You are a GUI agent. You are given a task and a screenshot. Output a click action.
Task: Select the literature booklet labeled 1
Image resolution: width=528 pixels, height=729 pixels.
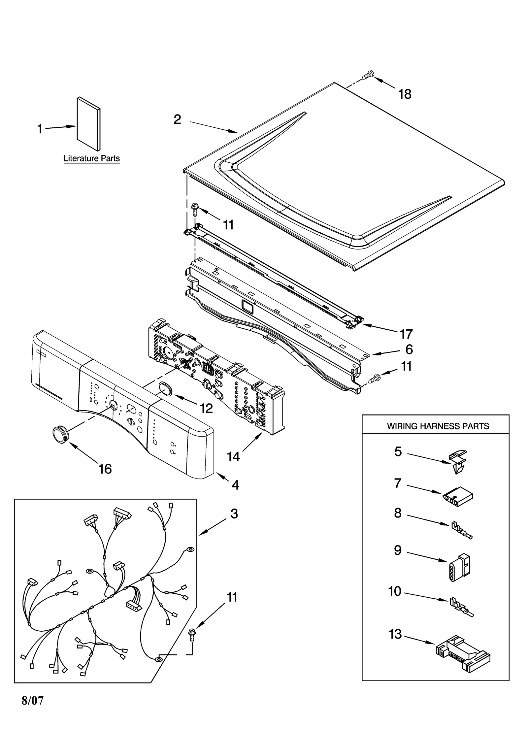point(88,124)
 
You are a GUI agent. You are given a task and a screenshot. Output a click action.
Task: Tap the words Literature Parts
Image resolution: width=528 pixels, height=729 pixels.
point(91,158)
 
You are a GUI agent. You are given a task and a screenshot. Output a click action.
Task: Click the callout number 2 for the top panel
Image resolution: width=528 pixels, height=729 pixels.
point(177,119)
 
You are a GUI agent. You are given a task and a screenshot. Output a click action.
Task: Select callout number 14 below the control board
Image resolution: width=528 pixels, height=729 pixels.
point(233,456)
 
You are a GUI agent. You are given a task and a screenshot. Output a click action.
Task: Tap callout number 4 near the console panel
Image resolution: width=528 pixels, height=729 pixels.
point(235,484)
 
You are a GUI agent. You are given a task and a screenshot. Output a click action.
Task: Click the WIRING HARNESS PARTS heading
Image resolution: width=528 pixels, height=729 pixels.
point(438,426)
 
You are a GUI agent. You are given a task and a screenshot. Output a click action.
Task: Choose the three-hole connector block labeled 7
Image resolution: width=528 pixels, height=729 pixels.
point(457,496)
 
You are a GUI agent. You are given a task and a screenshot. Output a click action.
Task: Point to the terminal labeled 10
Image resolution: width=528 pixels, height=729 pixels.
point(461,607)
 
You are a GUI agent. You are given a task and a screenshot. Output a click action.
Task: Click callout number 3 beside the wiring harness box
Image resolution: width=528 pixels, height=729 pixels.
point(234,514)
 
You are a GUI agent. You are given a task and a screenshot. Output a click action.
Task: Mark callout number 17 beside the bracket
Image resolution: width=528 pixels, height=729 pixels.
point(406,334)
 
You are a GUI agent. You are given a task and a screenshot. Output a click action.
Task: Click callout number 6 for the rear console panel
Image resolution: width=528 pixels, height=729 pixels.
point(409,349)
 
